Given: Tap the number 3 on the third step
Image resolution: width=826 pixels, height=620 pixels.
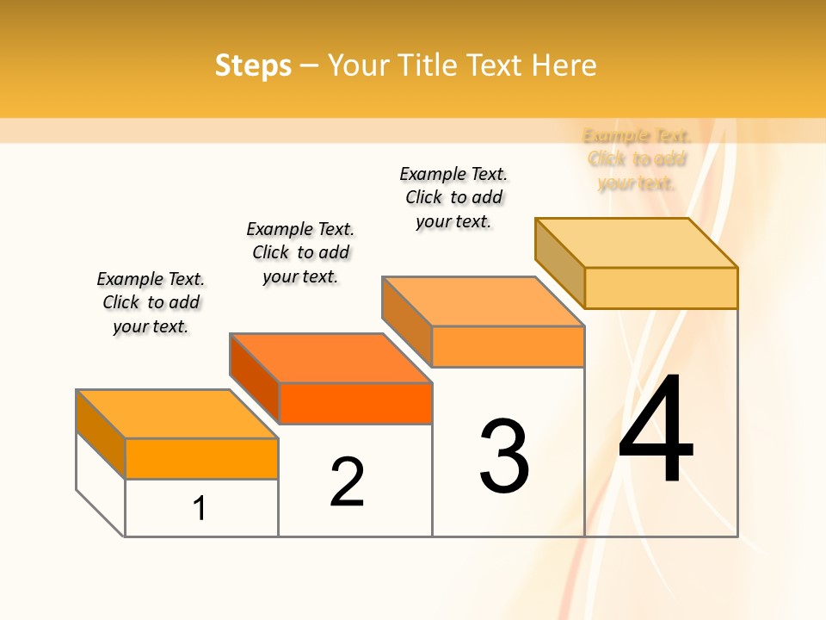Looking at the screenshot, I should click(x=504, y=456).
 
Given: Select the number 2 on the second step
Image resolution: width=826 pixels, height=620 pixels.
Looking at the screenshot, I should click(x=348, y=482).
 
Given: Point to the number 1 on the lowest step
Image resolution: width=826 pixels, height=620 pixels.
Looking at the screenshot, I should click(x=200, y=508).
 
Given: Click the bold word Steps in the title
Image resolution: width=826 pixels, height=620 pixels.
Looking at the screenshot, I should click(x=253, y=65).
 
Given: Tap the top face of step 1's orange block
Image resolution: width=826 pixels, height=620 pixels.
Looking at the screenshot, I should click(x=177, y=414).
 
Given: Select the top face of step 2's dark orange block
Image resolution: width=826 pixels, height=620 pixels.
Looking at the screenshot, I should click(x=330, y=358).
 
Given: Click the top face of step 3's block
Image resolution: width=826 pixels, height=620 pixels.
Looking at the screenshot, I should click(x=484, y=301).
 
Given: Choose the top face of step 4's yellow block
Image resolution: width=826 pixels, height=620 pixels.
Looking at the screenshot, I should click(x=637, y=243).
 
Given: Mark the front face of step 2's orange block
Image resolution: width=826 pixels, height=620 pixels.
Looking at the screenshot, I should click(x=355, y=403).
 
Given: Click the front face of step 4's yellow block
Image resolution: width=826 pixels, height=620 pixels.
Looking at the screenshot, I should click(x=661, y=288).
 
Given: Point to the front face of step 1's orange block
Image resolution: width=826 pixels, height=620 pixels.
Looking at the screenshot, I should click(x=201, y=458).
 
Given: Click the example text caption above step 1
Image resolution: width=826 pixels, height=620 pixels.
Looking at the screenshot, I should click(x=151, y=302).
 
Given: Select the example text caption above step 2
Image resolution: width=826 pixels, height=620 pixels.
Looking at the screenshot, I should click(x=300, y=252).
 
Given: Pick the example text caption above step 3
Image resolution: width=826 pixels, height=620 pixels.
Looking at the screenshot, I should click(x=453, y=197).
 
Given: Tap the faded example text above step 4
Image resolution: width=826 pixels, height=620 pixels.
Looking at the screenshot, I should click(x=637, y=159).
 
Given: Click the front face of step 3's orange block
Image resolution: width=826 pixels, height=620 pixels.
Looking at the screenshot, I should click(x=508, y=346).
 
